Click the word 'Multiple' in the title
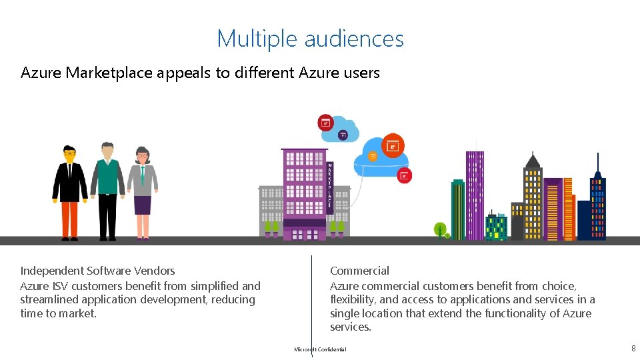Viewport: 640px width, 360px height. click(257, 39)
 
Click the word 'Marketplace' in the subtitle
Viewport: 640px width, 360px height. click(109, 73)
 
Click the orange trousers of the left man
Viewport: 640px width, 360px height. click(69, 219)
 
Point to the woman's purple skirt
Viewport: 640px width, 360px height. click(143, 204)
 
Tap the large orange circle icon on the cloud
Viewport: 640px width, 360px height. click(393, 145)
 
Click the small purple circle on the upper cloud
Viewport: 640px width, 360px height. click(343, 135)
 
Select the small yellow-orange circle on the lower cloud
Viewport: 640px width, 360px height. click(373, 157)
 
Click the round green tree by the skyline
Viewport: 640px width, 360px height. click(440, 229)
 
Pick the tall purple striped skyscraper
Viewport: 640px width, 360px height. click(475, 195)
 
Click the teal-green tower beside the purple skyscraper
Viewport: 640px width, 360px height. click(458, 209)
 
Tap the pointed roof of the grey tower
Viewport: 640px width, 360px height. click(532, 160)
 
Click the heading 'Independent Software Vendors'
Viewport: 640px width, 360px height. click(97, 271)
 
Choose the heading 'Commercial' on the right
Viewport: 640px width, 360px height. click(359, 271)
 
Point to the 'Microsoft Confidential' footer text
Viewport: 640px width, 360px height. click(320, 349)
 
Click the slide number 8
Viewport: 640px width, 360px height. click(633, 348)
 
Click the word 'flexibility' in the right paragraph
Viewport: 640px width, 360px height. click(353, 299)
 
